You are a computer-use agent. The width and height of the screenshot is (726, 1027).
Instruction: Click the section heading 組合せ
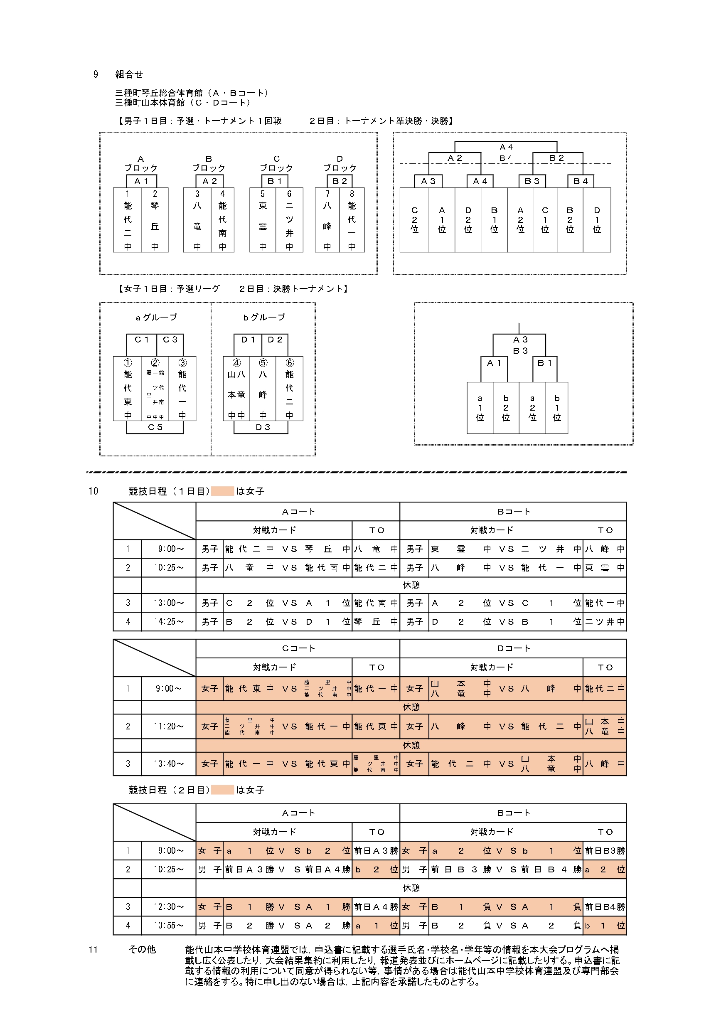coord(129,74)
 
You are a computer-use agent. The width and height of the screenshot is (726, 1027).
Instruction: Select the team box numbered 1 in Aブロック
coord(128,219)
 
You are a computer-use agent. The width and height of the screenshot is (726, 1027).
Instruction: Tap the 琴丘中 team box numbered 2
coord(155,219)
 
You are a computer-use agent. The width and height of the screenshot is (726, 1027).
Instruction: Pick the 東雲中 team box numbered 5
coord(263,219)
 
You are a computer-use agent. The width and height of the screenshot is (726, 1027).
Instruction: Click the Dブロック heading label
coord(340,164)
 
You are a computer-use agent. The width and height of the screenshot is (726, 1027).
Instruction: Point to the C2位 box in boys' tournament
coord(414,219)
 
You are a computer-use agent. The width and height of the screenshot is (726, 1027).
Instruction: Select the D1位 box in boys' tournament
coord(597,219)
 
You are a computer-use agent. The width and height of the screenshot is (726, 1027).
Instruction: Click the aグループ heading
coord(156,317)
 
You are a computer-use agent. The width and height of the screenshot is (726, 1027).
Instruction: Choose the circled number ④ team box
coord(236,388)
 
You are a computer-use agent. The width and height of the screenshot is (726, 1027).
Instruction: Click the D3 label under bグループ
coord(263,427)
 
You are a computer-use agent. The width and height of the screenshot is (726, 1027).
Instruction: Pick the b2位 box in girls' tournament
coord(506,407)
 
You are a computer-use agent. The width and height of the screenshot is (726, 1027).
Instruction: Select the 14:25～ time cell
coord(169,621)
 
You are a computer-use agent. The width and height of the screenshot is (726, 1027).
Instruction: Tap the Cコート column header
coord(298,648)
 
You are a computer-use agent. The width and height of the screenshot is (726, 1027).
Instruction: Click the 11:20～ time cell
coord(169,727)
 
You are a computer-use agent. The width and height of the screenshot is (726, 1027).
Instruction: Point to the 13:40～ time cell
coord(169,763)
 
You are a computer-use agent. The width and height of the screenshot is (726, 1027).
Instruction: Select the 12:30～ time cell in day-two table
coord(169,906)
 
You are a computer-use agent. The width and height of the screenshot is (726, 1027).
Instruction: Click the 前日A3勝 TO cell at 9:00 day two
coord(376,851)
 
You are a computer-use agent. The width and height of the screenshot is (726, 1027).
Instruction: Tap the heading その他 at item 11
coord(142,949)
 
